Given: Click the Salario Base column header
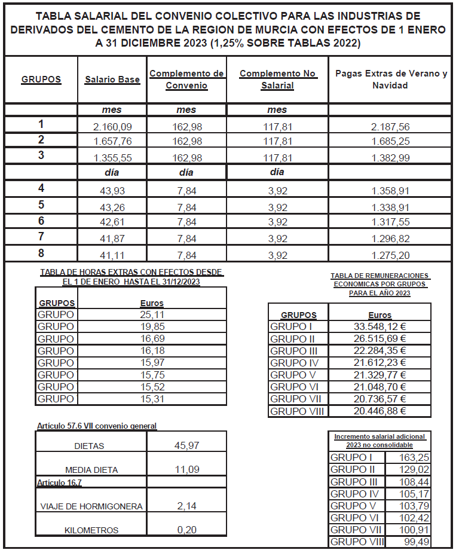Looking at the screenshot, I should click(112, 80).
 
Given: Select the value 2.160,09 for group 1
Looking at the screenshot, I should click(112, 126).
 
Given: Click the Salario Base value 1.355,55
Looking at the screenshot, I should click(112, 158).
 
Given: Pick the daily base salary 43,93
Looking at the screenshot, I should click(112, 191).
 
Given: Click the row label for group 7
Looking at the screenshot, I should click(41, 237).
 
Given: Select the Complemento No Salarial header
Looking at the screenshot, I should click(277, 80).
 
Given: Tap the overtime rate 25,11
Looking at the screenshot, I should click(152, 315).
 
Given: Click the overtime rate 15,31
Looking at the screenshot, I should click(152, 399).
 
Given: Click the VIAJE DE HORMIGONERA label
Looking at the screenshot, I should click(91, 506).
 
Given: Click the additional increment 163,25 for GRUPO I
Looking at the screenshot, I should click(417, 458).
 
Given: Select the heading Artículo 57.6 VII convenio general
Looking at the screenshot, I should click(97, 426).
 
